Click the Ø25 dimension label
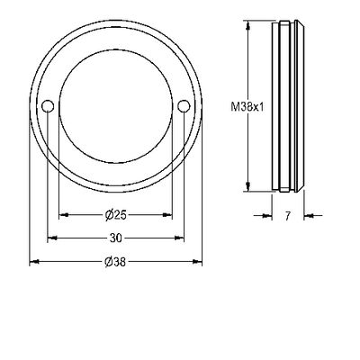pyautogui.click(x=116, y=215)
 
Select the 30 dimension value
pyautogui.click(x=116, y=238)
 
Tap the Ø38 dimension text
pyautogui.click(x=115, y=262)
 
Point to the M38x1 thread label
pyautogui.click(x=247, y=107)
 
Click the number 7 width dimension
pyautogui.click(x=288, y=216)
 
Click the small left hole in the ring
pyautogui.click(x=48, y=106)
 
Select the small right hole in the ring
pyautogui.click(x=184, y=105)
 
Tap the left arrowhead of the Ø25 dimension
pyautogui.click(x=64, y=215)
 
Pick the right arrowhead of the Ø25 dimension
pyautogui.click(x=167, y=215)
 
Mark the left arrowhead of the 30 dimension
pyautogui.click(x=52, y=238)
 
